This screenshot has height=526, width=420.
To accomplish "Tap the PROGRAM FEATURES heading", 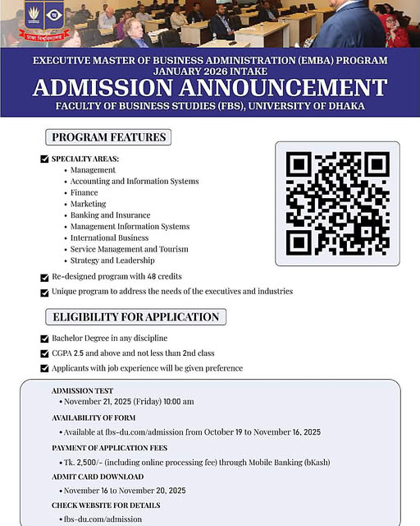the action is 108,137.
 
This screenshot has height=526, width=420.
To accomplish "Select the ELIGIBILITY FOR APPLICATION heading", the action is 135,317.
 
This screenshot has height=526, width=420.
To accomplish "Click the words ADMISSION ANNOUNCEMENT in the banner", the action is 209,87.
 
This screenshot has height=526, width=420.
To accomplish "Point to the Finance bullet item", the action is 84,192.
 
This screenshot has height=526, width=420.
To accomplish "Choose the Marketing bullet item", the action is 88,204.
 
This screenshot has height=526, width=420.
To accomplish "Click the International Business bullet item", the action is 109,238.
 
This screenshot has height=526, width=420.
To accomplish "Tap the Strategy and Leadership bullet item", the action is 112,261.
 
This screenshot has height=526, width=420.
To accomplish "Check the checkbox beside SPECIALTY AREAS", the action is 44,159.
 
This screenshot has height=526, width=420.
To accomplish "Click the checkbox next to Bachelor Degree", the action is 44,338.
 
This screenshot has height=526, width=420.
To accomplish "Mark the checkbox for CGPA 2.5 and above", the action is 44,353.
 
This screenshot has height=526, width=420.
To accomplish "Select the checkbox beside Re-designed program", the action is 44,277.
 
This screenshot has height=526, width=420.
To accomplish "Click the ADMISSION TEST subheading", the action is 82,390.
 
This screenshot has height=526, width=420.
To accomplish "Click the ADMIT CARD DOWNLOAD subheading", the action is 97,477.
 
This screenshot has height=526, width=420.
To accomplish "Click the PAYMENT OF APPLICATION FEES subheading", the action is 109,448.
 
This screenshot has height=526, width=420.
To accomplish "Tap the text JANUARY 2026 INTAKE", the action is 209,72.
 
